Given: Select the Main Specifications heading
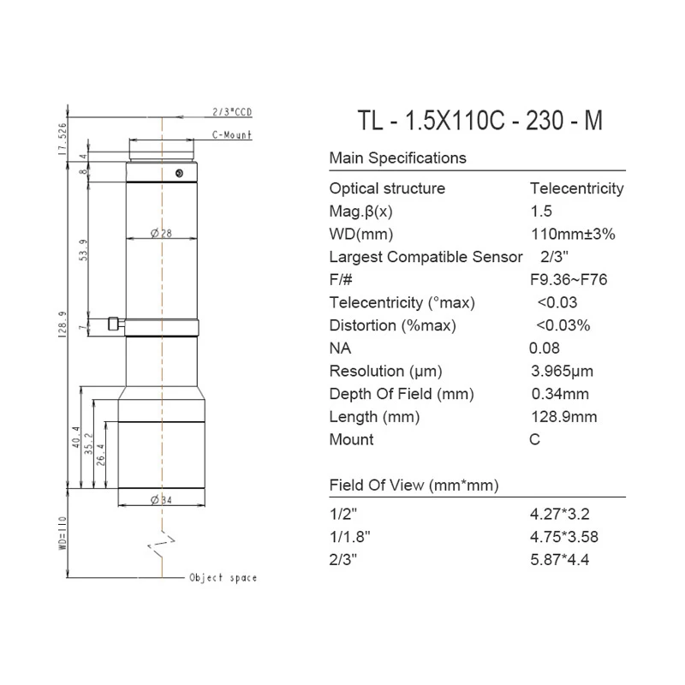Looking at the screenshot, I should [x=398, y=158].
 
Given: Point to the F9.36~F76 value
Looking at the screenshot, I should [x=569, y=280].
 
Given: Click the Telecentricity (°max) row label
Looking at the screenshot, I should [x=402, y=303].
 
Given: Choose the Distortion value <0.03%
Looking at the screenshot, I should [x=563, y=325].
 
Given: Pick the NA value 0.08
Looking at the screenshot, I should [x=545, y=348].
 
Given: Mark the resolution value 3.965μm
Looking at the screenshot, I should [x=563, y=372].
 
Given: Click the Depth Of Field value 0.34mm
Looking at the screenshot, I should [x=560, y=395].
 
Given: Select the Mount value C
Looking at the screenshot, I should [x=536, y=440].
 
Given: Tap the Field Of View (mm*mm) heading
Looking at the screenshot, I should [x=414, y=485].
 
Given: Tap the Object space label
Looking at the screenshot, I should [x=223, y=578].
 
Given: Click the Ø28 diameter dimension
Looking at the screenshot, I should [x=162, y=234].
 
